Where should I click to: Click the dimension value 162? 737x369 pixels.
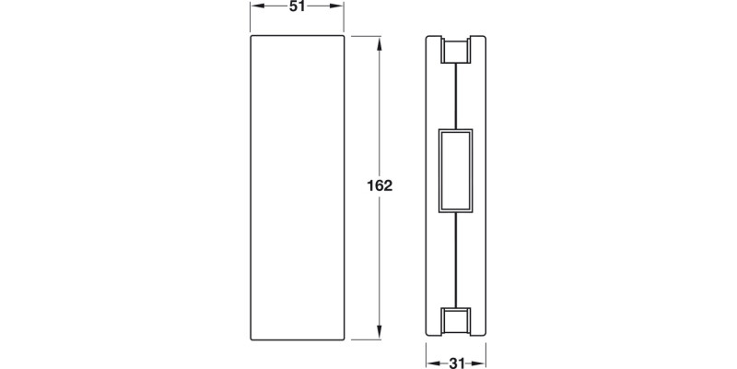coord(380,185)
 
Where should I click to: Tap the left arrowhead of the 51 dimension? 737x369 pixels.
coord(254,8)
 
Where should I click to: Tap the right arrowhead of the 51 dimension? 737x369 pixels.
coord(340,8)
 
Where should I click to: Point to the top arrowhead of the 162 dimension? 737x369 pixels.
coord(380,41)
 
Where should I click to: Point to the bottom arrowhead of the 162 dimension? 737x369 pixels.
coord(380,334)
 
